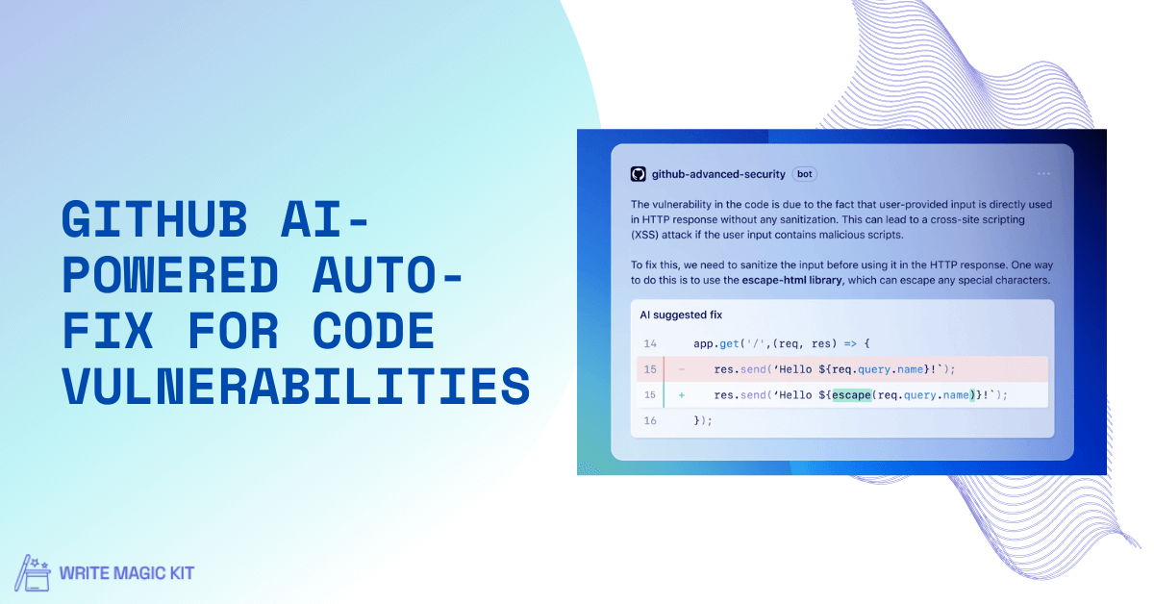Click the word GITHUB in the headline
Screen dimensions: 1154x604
(155, 219)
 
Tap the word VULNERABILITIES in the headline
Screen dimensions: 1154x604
(296, 386)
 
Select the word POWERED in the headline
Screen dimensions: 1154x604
(170, 275)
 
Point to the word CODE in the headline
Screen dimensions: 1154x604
(373, 330)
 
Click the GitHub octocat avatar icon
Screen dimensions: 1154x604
(639, 174)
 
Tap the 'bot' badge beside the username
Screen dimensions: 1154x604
(804, 174)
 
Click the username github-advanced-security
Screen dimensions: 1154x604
(718, 174)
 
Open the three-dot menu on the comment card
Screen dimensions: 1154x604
(1043, 174)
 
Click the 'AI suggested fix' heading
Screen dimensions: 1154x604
(681, 315)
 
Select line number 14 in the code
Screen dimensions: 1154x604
(650, 343)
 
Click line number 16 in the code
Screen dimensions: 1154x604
(650, 420)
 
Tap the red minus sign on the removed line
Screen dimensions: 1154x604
(682, 369)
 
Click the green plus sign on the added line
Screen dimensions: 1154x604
(682, 395)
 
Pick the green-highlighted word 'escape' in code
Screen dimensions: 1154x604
(852, 395)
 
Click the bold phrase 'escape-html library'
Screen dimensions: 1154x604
(791, 280)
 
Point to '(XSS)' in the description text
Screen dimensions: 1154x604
(644, 235)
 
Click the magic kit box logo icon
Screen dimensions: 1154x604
(33, 573)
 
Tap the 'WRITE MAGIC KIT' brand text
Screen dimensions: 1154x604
(127, 573)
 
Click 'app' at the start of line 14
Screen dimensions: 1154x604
(703, 344)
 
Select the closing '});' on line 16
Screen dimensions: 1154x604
(703, 420)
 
